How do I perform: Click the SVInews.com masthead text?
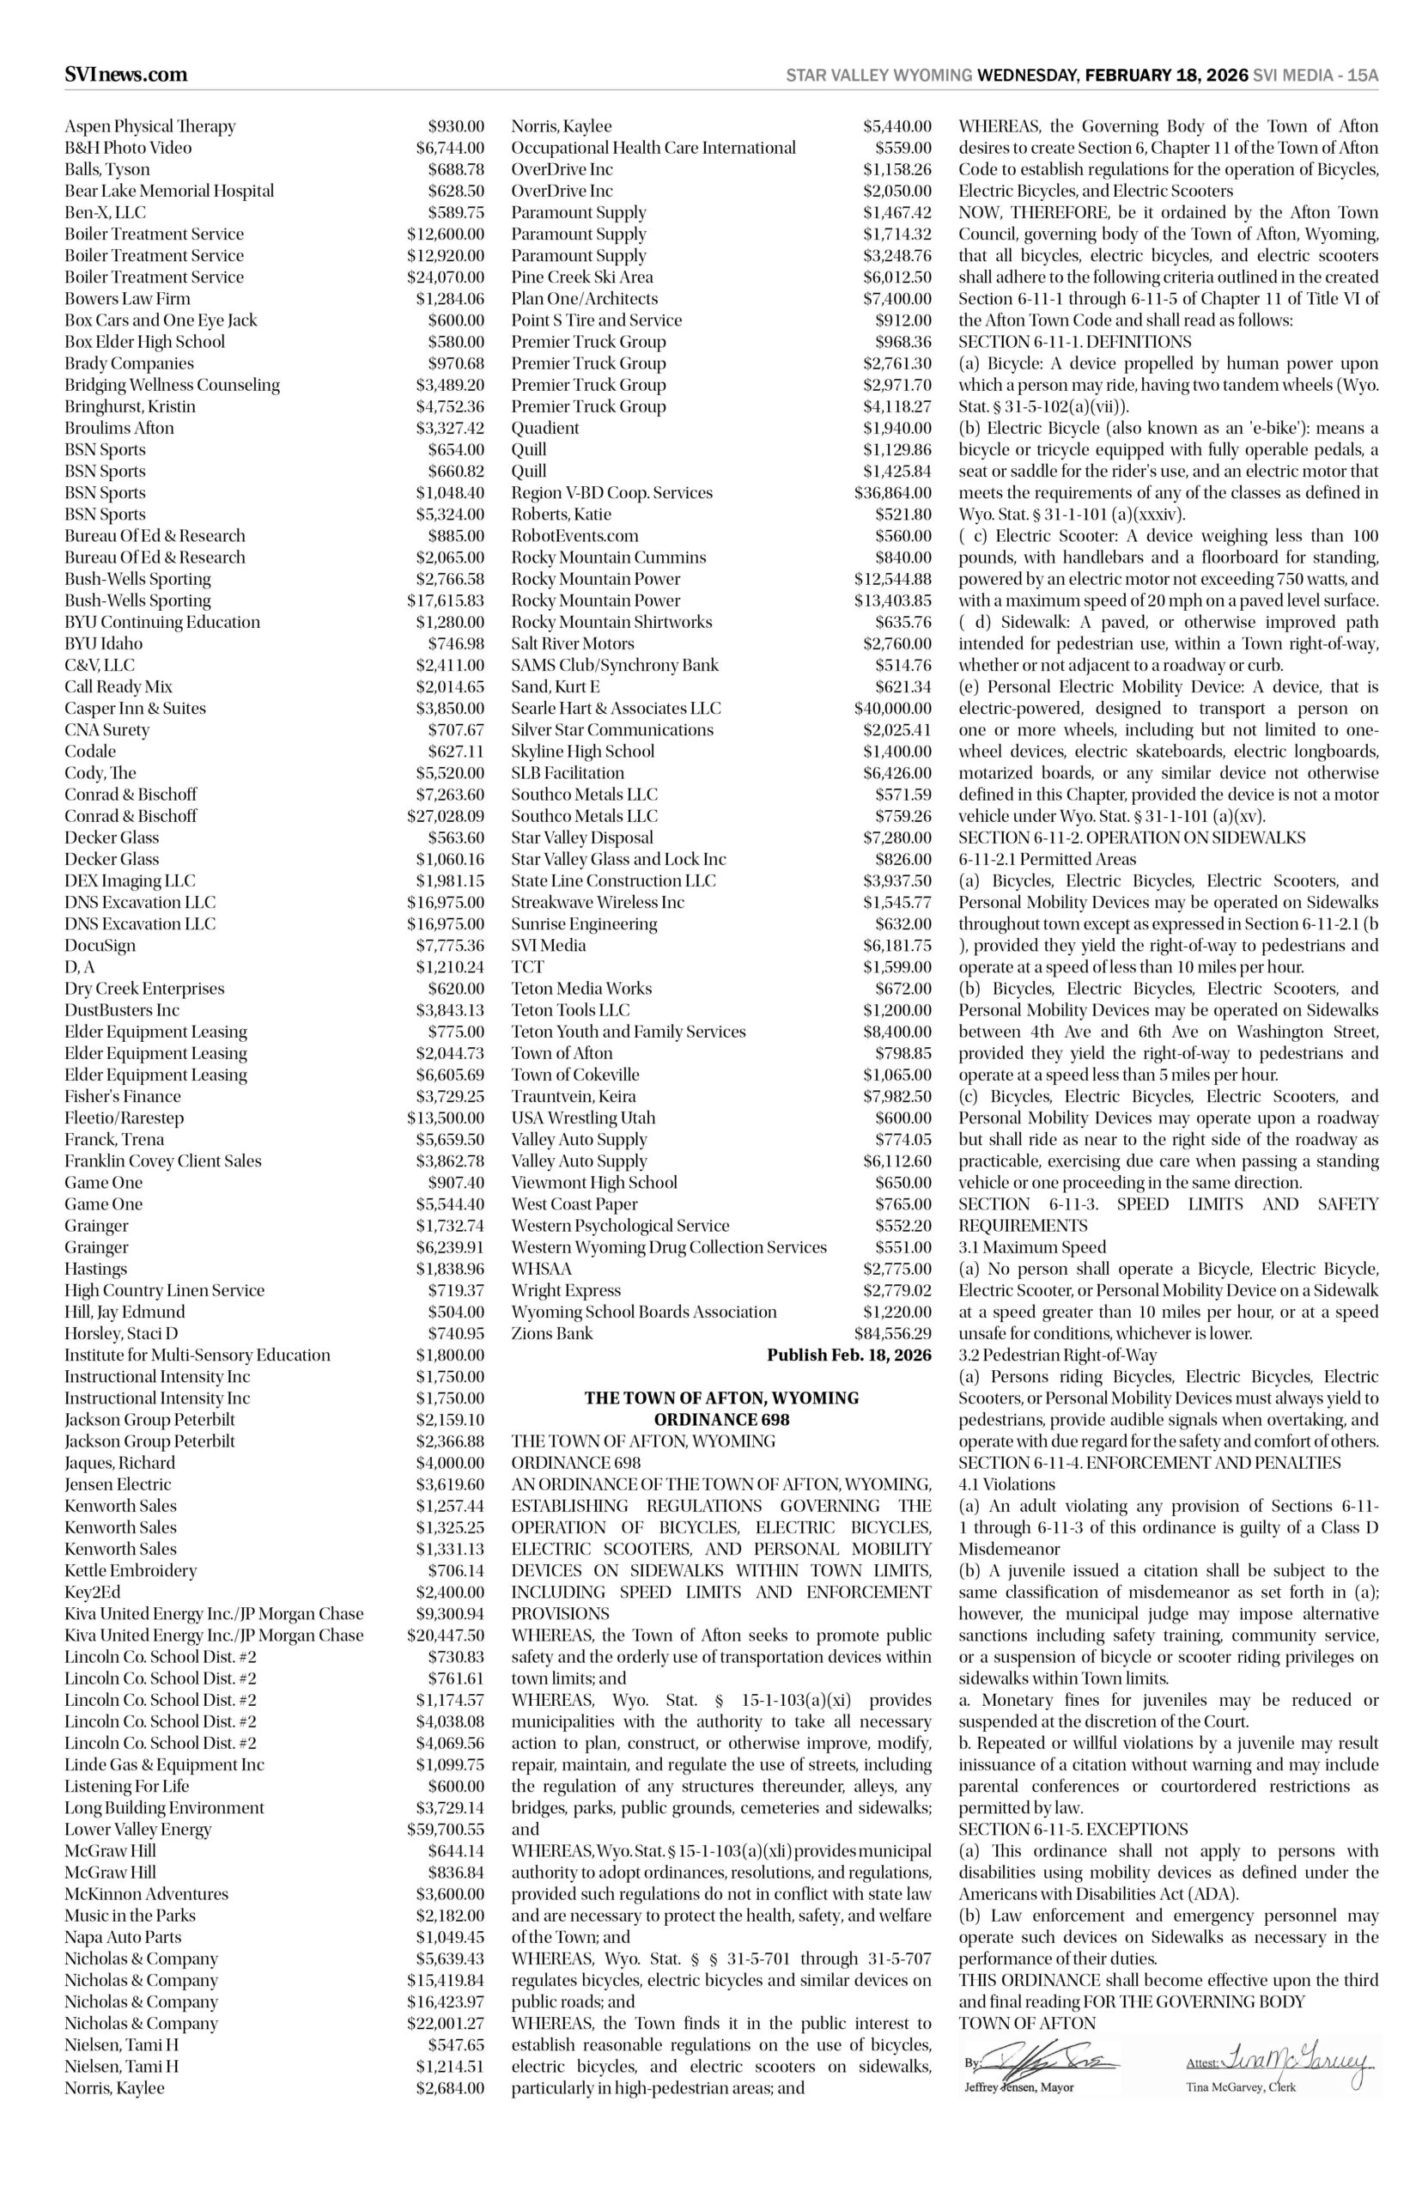[x=125, y=75]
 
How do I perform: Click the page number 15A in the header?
[x=1363, y=76]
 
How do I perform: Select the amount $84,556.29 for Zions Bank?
[x=892, y=1334]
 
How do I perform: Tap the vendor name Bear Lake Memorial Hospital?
[x=169, y=192]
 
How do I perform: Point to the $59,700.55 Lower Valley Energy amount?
[x=445, y=1830]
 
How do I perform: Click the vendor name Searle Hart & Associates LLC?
[x=616, y=709]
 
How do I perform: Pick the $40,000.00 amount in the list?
[x=892, y=709]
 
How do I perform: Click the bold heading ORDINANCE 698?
[x=721, y=1420]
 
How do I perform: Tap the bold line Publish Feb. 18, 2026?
[x=848, y=1355]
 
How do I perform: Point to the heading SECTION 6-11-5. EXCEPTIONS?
[x=1073, y=1830]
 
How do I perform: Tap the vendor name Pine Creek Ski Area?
[x=581, y=277]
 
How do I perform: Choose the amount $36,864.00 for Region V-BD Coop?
[x=892, y=493]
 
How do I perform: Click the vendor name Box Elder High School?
[x=144, y=342]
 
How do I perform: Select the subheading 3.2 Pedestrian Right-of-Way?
[x=1057, y=1355]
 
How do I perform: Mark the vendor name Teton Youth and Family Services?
[x=628, y=1032]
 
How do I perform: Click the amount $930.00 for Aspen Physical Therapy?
[x=455, y=126]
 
